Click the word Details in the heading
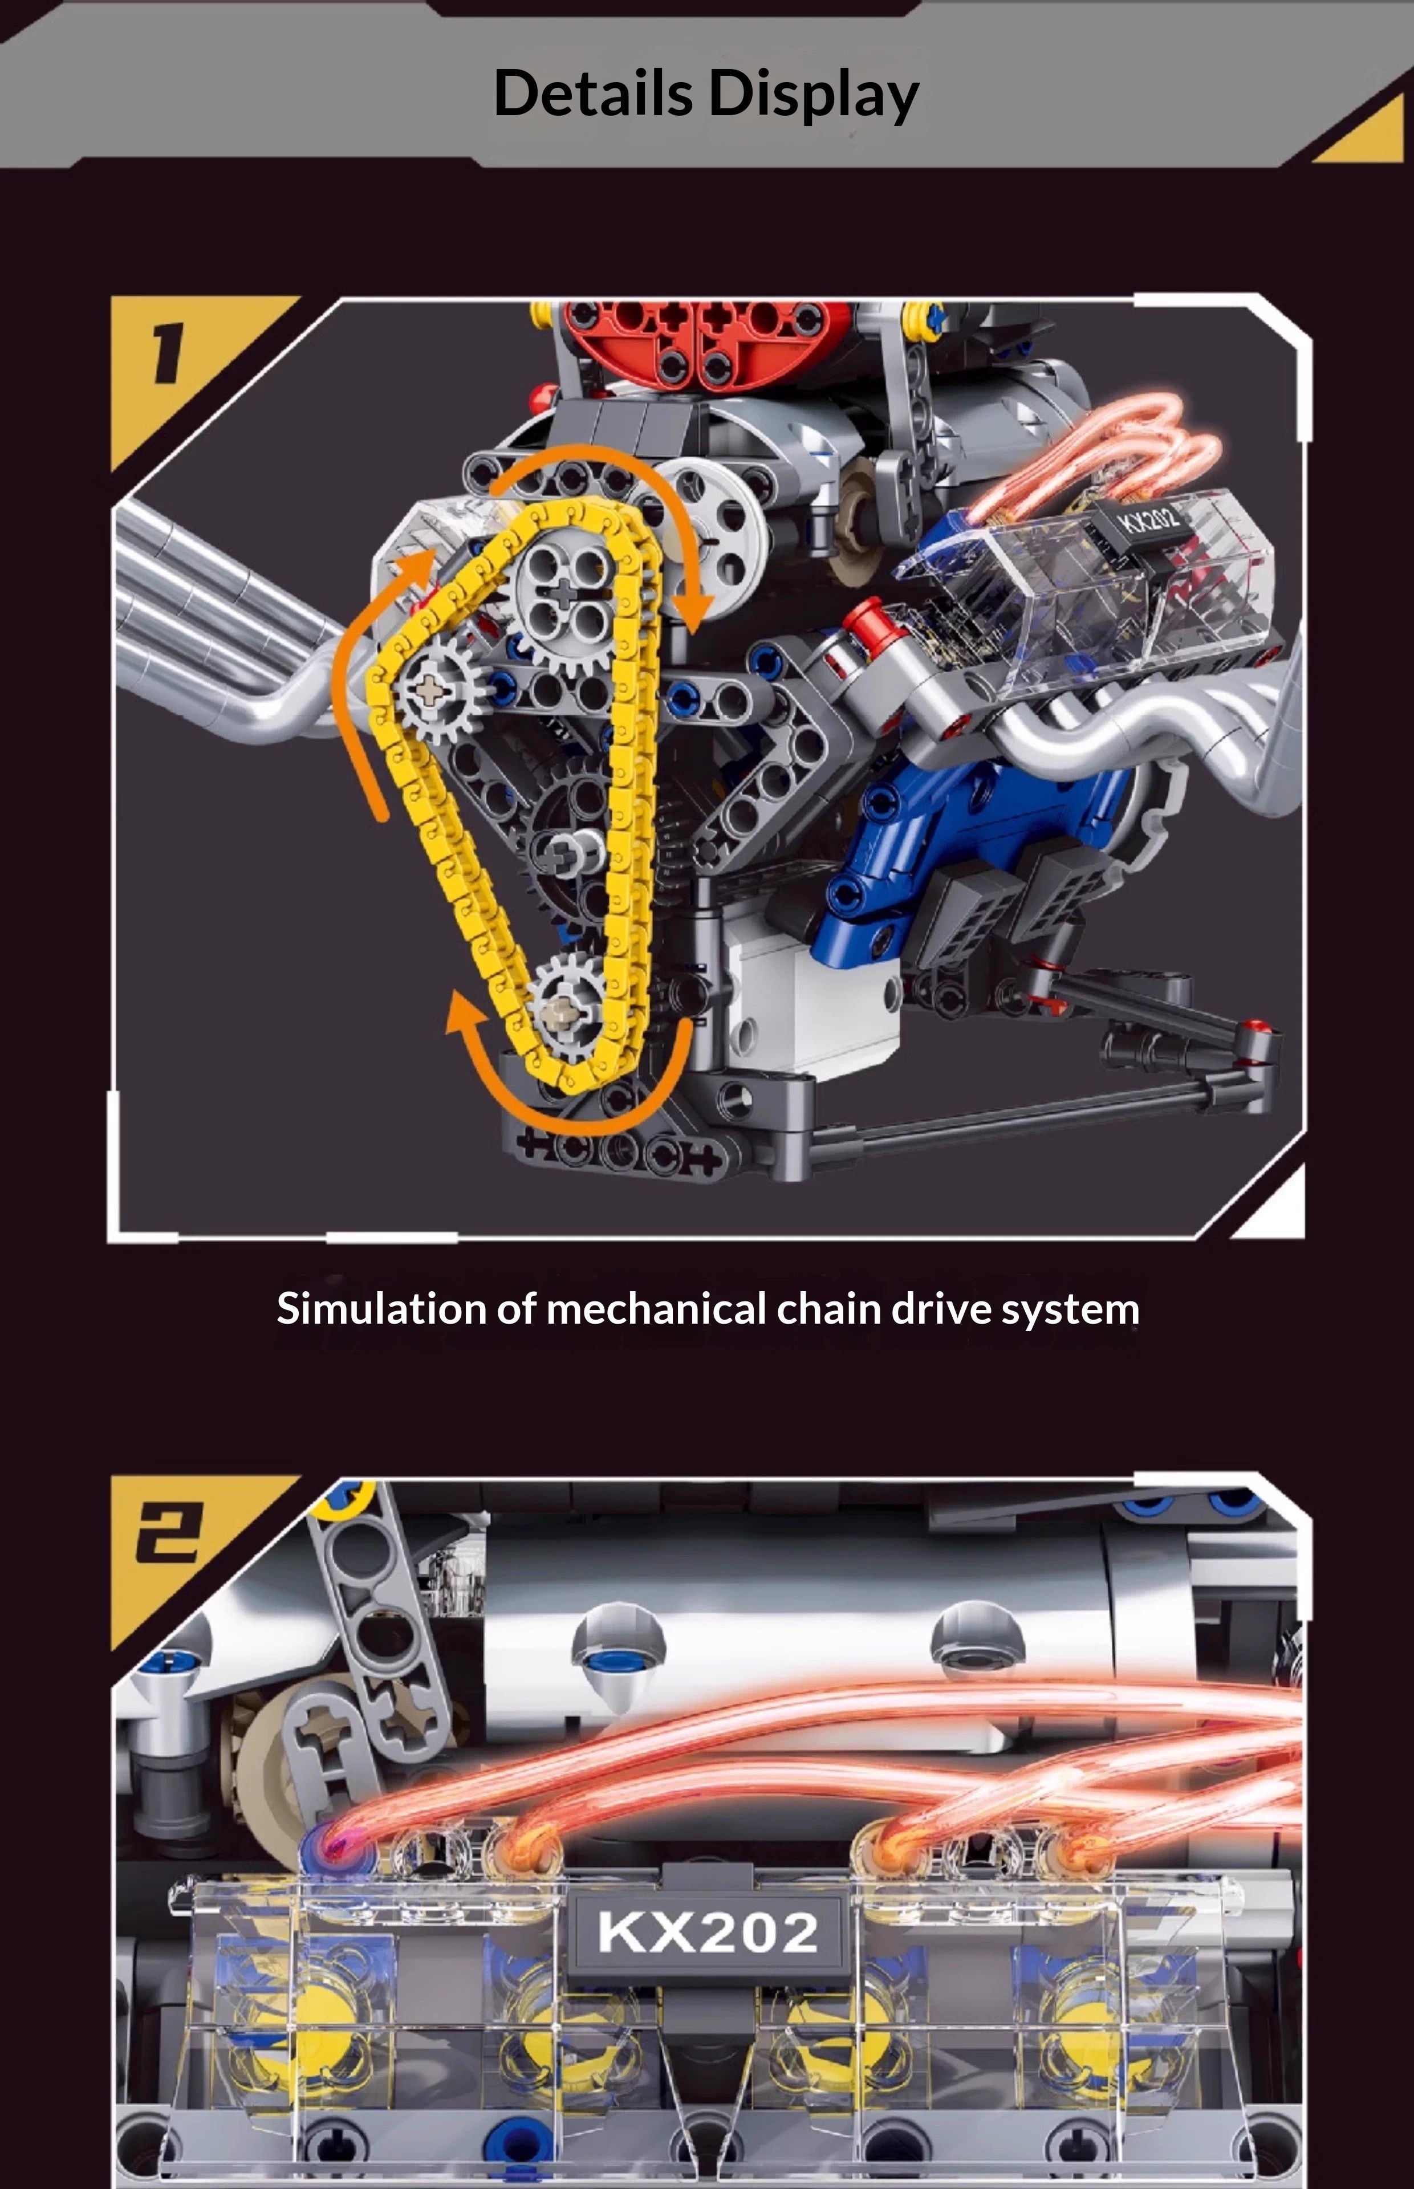coord(593,93)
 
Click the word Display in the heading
coord(814,95)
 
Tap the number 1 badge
coord(167,353)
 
